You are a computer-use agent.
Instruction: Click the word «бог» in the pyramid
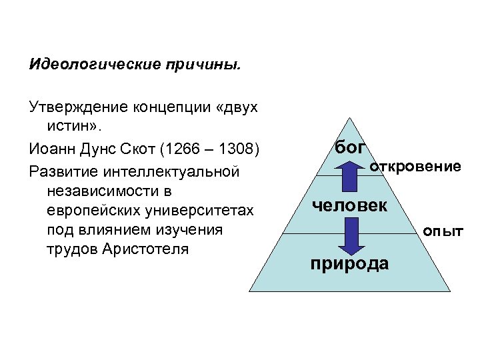[349, 148]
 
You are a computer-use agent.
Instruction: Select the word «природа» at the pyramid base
[350, 263]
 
